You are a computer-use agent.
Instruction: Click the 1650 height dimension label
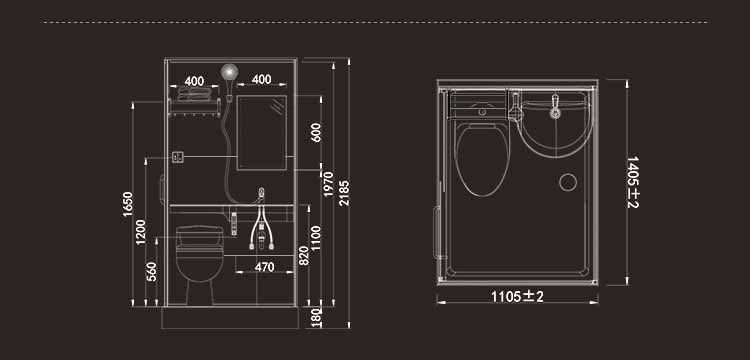(128, 204)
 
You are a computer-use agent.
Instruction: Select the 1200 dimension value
(141, 232)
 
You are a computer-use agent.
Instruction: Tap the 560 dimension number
(152, 272)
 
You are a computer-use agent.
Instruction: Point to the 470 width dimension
(265, 267)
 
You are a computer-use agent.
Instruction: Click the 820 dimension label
(304, 256)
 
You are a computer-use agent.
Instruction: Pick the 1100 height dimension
(316, 238)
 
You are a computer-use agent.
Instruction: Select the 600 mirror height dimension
(316, 132)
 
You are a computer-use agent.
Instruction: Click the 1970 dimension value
(329, 184)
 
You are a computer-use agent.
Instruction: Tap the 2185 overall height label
(344, 193)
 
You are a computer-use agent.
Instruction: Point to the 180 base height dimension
(317, 318)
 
